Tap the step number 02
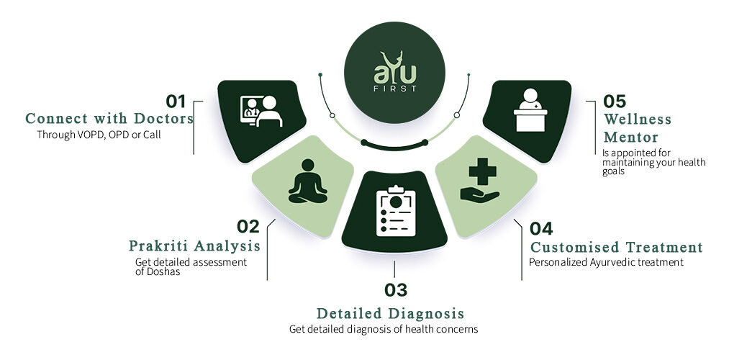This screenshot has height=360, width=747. tap(248, 226)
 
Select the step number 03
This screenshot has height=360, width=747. tap(396, 290)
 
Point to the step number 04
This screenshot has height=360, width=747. tap(541, 228)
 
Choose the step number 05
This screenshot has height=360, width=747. tap(615, 101)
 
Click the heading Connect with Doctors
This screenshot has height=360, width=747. tap(109, 119)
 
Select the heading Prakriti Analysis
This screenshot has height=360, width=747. tap(194, 246)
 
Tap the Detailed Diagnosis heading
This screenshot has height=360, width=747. tap(390, 313)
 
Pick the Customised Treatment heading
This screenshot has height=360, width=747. tap(616, 247)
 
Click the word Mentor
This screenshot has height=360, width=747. tap(630, 137)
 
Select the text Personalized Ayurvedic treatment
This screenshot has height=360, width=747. tap(606, 263)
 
